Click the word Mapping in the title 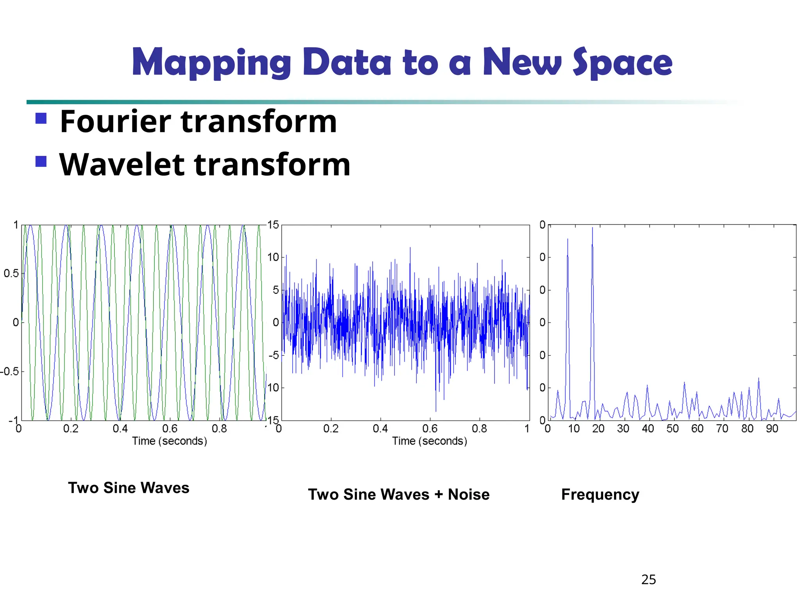point(211,62)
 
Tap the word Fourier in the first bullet point(116,121)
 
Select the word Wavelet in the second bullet point(121,164)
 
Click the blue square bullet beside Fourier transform point(41,118)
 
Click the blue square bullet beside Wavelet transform point(41,161)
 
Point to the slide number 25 point(648,579)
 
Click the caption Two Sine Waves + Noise point(398,495)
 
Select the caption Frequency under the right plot point(600,495)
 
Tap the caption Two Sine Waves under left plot point(129,488)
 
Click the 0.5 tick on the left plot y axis point(11,273)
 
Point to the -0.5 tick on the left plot point(10,371)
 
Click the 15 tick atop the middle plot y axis point(273,225)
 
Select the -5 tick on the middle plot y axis point(274,355)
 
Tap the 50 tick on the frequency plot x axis point(672,429)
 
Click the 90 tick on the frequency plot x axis point(772,429)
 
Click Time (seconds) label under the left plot point(169,441)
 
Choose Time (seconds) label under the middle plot point(429,441)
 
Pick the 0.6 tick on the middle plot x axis point(430,429)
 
